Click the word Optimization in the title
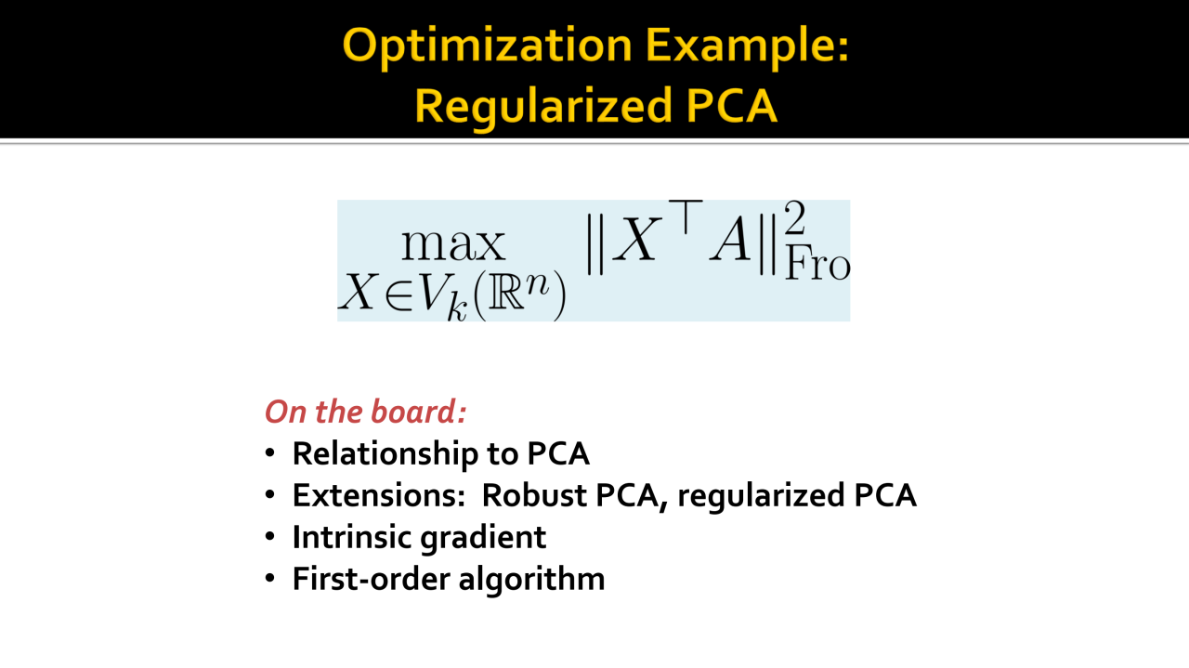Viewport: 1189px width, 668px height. coord(488,46)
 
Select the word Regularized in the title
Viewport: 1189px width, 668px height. coord(543,107)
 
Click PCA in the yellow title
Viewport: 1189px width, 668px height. coord(731,106)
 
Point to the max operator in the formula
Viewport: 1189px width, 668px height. coord(453,244)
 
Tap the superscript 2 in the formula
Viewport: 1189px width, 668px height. coord(795,217)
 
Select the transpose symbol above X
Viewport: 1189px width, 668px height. coord(686,217)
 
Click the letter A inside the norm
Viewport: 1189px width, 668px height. coord(731,239)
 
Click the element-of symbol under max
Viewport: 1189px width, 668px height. coord(399,294)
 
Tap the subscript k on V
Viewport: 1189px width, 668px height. coord(457,307)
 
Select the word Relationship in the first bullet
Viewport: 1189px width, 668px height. coord(385,454)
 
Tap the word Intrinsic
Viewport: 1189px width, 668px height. coord(351,537)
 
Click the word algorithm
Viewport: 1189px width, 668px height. coord(531,580)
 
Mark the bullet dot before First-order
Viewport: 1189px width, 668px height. coord(269,578)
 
